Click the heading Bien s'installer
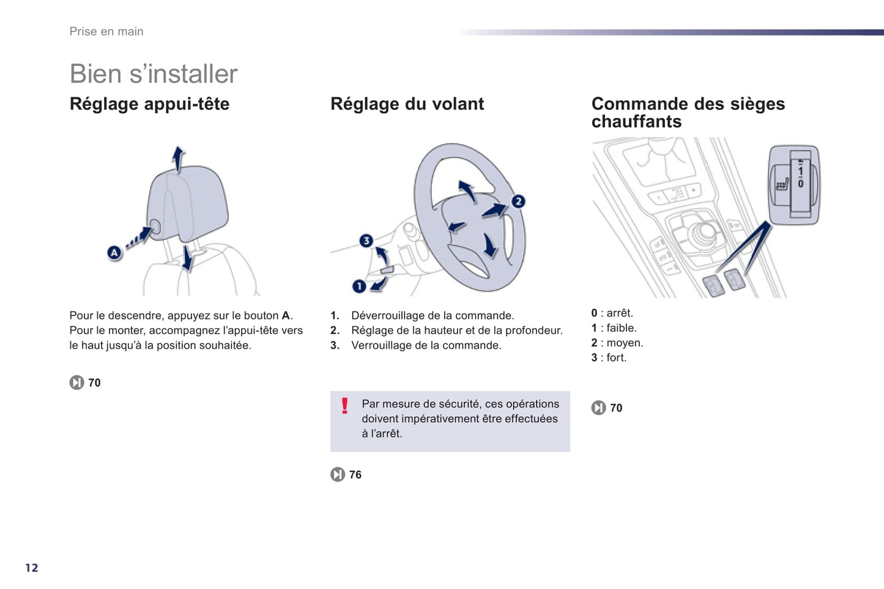coord(153,74)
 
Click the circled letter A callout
coord(114,252)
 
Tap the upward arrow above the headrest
coord(178,158)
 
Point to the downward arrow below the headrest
coord(187,259)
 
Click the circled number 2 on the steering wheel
coord(518,201)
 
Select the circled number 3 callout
coord(366,240)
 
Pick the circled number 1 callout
coord(359,286)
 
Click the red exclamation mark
coord(345,406)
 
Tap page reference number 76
coord(355,475)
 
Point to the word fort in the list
coord(616,358)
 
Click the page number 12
coord(32,568)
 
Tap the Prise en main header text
coord(106,32)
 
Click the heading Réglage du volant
coord(407,104)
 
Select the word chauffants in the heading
coord(636,122)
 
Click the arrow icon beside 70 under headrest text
coord(76,382)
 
